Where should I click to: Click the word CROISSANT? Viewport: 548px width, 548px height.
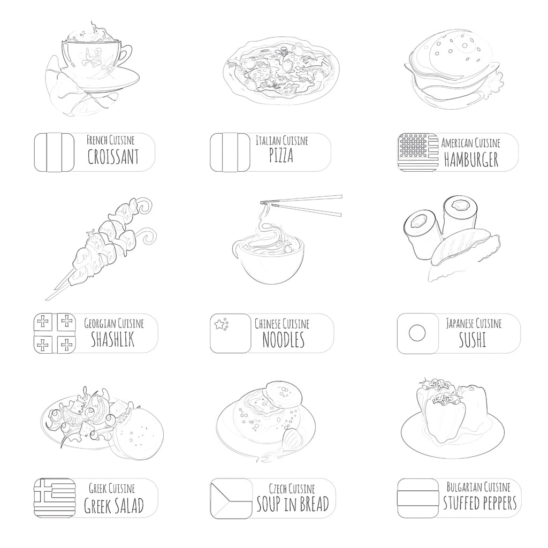pyautogui.click(x=113, y=157)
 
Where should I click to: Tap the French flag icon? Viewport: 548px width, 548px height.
pyautogui.click(x=54, y=152)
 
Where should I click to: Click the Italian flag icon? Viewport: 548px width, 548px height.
pyautogui.click(x=230, y=152)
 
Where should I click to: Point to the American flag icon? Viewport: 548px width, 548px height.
pyautogui.click(x=417, y=152)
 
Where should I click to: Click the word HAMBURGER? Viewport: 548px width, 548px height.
pyautogui.click(x=471, y=159)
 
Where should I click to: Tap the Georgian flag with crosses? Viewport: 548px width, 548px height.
pyautogui.click(x=54, y=333)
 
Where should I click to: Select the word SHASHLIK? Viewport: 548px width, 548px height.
pyautogui.click(x=112, y=339)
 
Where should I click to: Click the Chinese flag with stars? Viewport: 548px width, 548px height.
pyautogui.click(x=230, y=333)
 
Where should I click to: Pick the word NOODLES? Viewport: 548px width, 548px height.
pyautogui.click(x=283, y=340)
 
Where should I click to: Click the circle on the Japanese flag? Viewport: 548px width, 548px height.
pyautogui.click(x=417, y=333)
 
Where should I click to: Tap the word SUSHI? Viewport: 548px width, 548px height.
pyautogui.click(x=473, y=340)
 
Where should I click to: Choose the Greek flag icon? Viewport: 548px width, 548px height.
pyautogui.click(x=54, y=498)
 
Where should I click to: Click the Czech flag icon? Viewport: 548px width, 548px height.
pyautogui.click(x=231, y=498)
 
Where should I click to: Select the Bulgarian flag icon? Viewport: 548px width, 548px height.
pyautogui.click(x=417, y=498)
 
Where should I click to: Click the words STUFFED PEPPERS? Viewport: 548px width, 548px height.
pyautogui.click(x=479, y=503)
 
